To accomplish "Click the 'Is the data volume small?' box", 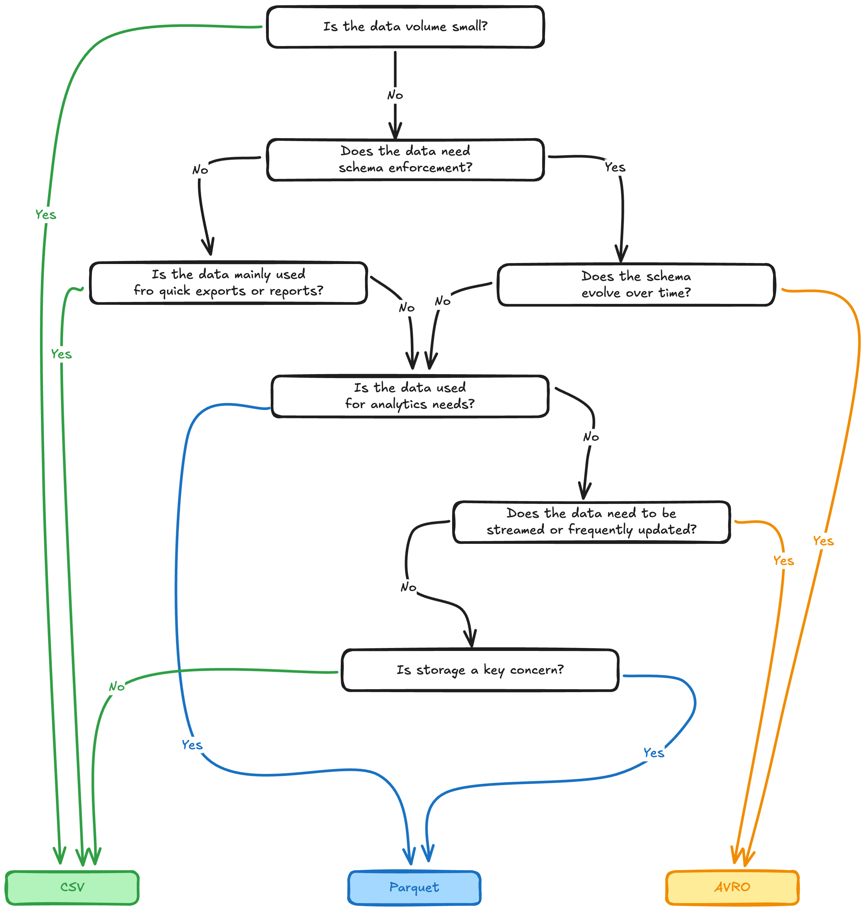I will (x=405, y=27).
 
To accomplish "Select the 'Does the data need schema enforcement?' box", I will (x=405, y=159).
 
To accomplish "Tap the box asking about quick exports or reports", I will (x=228, y=282).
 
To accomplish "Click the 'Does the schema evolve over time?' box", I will (x=636, y=284).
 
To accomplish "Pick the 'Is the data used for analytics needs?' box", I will (x=410, y=396).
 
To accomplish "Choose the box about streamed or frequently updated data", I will (x=591, y=521).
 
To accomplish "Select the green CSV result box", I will (x=72, y=887).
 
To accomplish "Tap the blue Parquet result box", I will (x=414, y=887).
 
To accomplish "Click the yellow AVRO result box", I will (x=732, y=887).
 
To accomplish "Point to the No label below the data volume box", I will (x=395, y=96).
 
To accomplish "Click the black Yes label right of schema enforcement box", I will (x=615, y=167).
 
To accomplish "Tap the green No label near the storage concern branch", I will (x=117, y=687).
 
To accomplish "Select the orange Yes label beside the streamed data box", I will (x=783, y=561).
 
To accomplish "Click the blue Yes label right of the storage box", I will (x=654, y=752).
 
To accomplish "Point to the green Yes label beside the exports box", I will (x=61, y=354).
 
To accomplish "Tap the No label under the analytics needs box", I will (x=591, y=437).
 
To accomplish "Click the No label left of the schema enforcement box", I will (x=200, y=170).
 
